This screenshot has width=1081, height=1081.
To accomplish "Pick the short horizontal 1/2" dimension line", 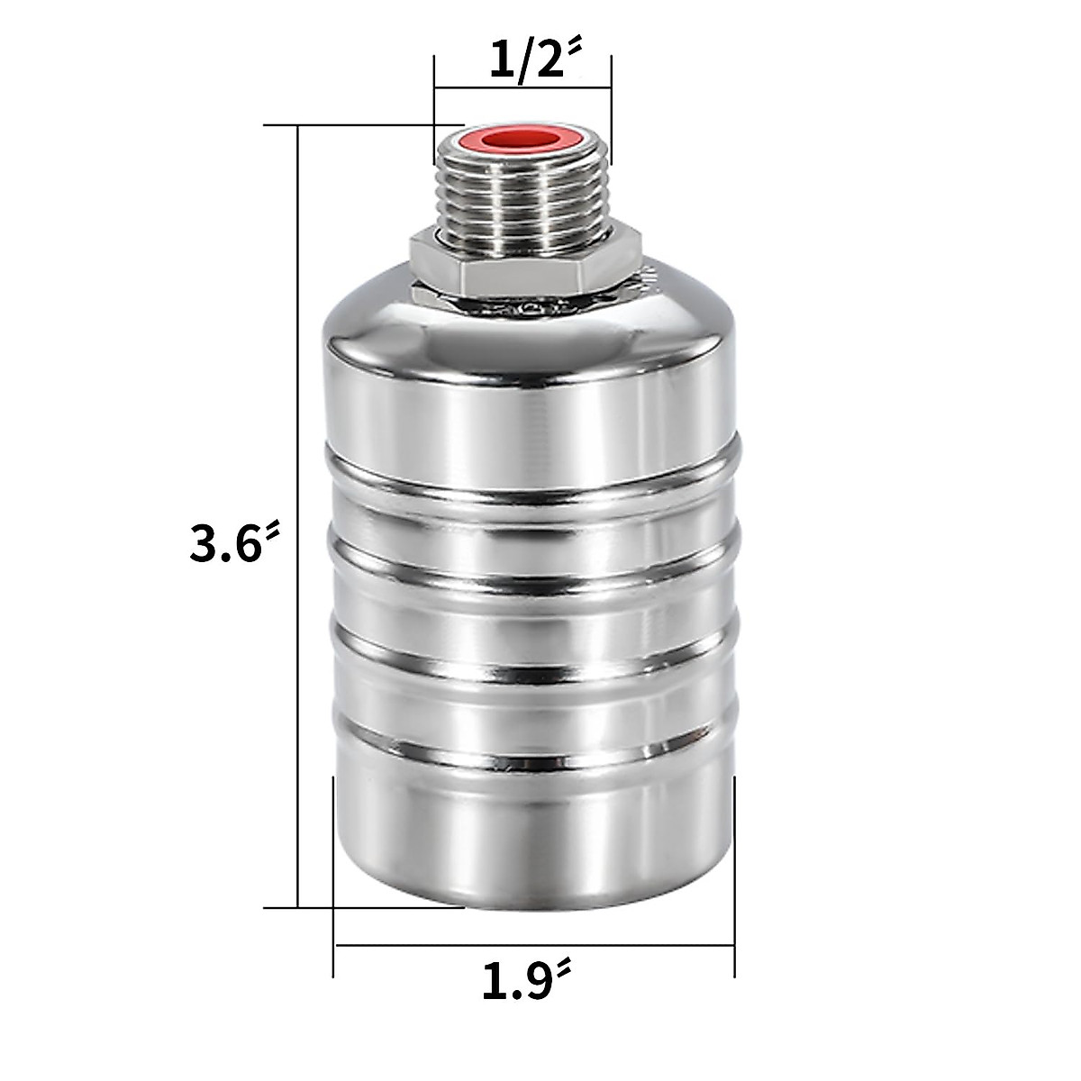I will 522,87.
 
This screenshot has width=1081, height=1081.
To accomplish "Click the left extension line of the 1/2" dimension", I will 434,99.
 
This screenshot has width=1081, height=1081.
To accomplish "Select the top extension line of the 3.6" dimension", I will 360,124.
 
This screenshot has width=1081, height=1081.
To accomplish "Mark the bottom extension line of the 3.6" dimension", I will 360,907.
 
